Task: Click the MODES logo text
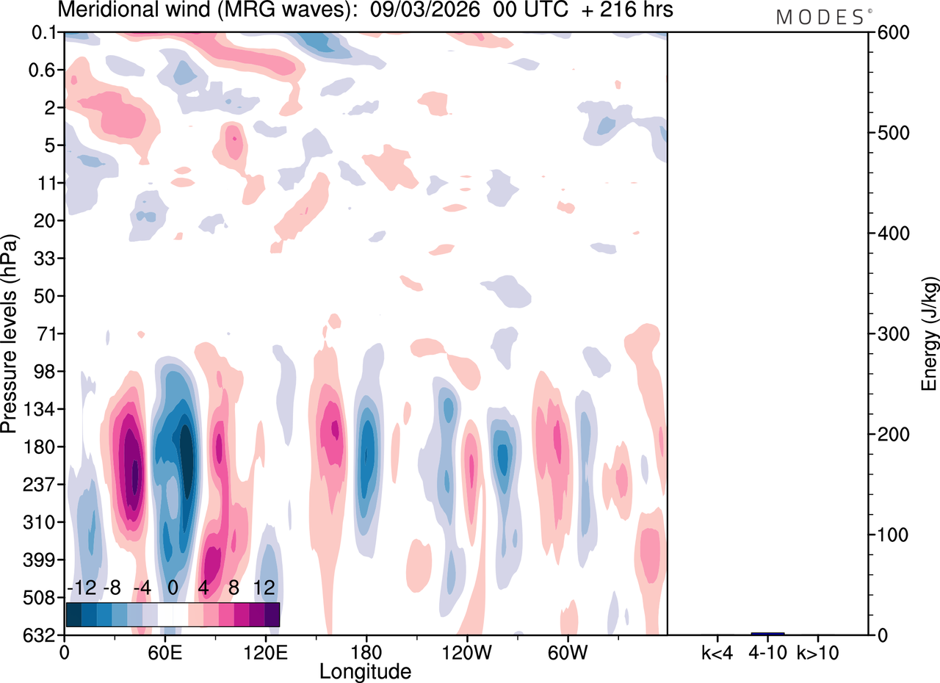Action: pyautogui.click(x=820, y=17)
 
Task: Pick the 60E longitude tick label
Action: pyautogui.click(x=164, y=651)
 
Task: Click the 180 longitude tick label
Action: pyautogui.click(x=366, y=651)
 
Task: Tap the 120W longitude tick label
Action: pyautogui.click(x=466, y=651)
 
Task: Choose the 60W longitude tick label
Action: pyautogui.click(x=567, y=651)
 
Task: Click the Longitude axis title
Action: pyautogui.click(x=365, y=671)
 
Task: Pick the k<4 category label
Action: pyautogui.click(x=717, y=651)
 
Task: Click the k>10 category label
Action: pyautogui.click(x=817, y=651)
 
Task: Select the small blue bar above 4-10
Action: pyautogui.click(x=767, y=633)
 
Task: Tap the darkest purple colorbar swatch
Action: pyautogui.click(x=272, y=615)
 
